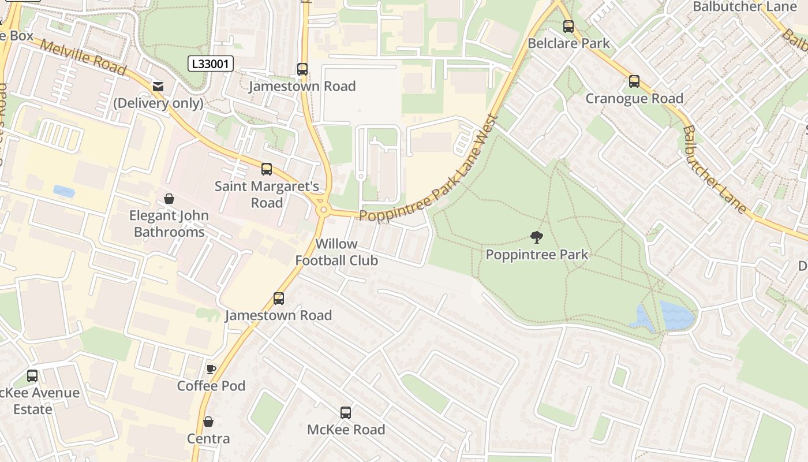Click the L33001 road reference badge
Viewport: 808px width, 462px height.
(211, 64)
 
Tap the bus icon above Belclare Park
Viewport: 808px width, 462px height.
(568, 27)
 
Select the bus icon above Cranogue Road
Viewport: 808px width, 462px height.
(634, 81)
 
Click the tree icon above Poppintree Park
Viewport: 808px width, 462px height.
(537, 237)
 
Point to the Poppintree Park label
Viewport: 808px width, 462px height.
(537, 255)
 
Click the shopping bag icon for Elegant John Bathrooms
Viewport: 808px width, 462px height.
(169, 199)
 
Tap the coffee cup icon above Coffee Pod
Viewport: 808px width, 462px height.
(211, 369)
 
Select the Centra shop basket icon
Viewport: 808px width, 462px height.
(208, 422)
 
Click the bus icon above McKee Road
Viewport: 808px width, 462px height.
(346, 412)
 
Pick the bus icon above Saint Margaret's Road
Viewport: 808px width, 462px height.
(267, 169)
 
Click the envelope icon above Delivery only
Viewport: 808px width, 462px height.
(158, 87)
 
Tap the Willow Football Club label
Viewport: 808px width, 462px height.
(336, 252)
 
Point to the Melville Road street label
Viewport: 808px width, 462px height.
(84, 58)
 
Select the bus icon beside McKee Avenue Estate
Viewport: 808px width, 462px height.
(32, 376)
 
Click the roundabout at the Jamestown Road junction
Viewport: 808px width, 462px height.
(323, 210)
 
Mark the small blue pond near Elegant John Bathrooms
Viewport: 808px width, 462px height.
(63, 191)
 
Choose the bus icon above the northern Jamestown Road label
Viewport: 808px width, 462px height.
(302, 69)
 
